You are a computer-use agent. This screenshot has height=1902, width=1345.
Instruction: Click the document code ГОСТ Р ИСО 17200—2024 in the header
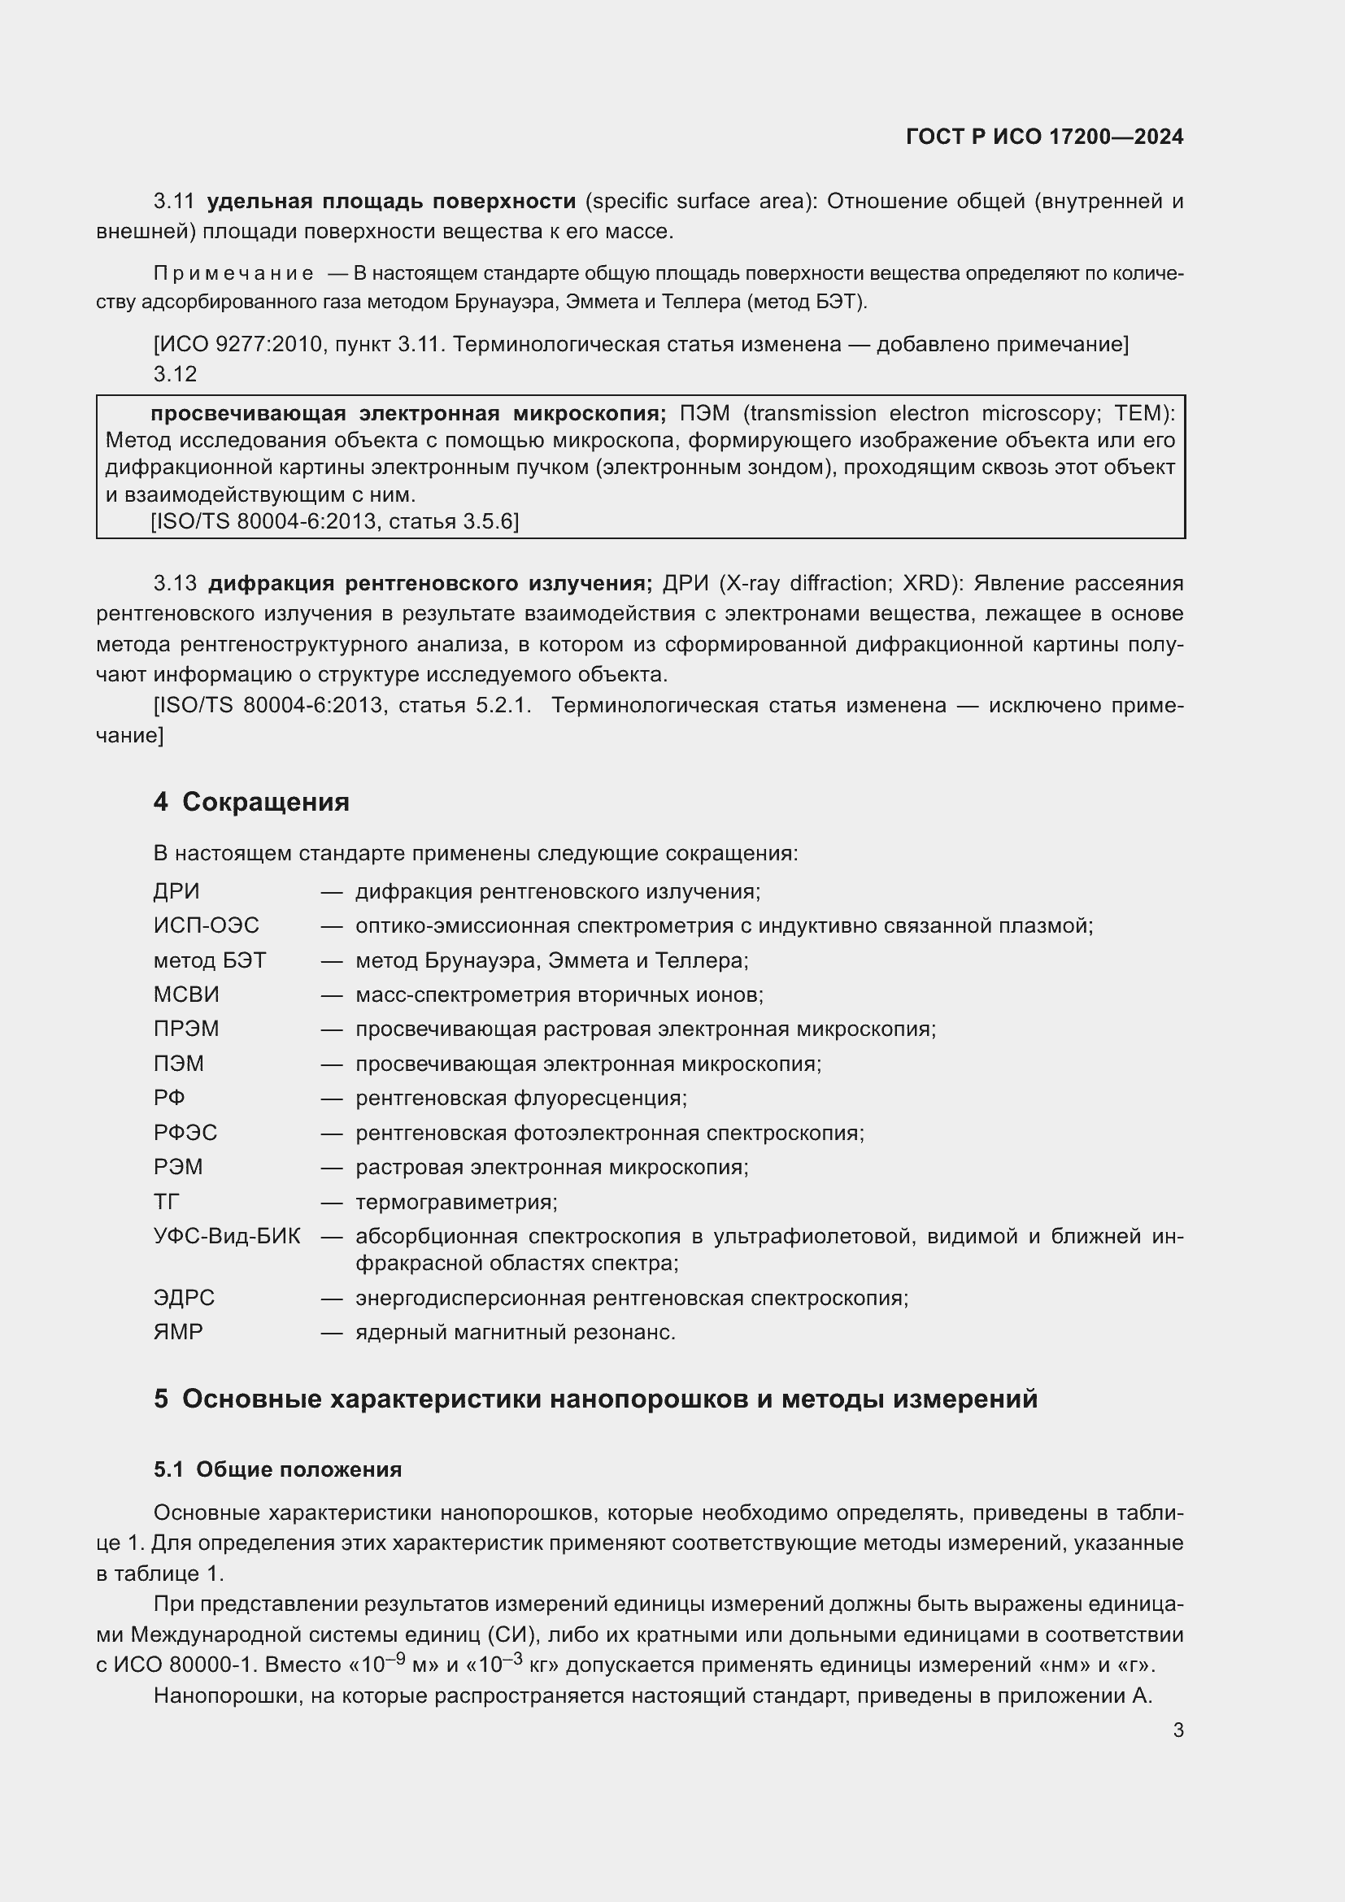(x=1044, y=137)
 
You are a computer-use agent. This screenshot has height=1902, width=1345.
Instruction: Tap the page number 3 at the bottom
(x=1177, y=1730)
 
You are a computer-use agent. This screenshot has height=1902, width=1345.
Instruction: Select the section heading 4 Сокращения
(x=251, y=802)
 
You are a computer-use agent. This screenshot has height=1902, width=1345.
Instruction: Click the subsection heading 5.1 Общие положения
(x=277, y=1469)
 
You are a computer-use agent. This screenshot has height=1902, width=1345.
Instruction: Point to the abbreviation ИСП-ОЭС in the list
(x=207, y=925)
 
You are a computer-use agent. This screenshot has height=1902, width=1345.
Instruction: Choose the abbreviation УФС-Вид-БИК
(x=227, y=1236)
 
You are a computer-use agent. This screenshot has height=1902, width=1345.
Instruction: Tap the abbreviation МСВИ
(x=186, y=994)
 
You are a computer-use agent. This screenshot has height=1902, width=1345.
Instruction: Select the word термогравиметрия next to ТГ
(x=456, y=1201)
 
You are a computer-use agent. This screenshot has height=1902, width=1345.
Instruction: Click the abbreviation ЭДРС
(x=184, y=1297)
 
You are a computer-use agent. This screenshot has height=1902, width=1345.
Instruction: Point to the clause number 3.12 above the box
(x=175, y=374)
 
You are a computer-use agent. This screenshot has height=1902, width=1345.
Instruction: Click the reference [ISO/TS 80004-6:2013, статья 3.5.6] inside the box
(x=334, y=521)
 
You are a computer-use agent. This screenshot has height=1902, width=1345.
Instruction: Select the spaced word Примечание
(x=233, y=273)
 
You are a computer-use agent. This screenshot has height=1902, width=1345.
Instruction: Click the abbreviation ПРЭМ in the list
(x=186, y=1029)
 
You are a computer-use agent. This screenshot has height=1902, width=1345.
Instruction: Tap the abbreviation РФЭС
(x=185, y=1133)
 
